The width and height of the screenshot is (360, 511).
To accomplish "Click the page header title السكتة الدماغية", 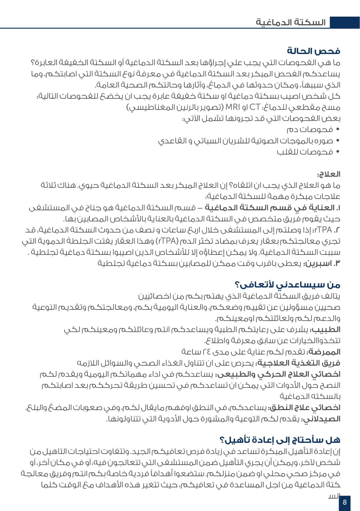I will (x=290, y=22).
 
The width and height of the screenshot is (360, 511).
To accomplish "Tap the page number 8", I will (x=344, y=502).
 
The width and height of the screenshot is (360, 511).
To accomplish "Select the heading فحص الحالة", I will (x=313, y=51).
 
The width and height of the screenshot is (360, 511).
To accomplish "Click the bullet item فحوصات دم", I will (x=310, y=129).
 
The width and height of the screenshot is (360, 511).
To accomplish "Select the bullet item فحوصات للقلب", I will (x=305, y=152).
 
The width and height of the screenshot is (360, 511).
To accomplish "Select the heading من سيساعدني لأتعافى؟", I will (x=287, y=285).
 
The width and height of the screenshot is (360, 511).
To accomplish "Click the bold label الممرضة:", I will (x=323, y=352).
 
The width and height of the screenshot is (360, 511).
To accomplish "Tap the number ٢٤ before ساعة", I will (x=206, y=352).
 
